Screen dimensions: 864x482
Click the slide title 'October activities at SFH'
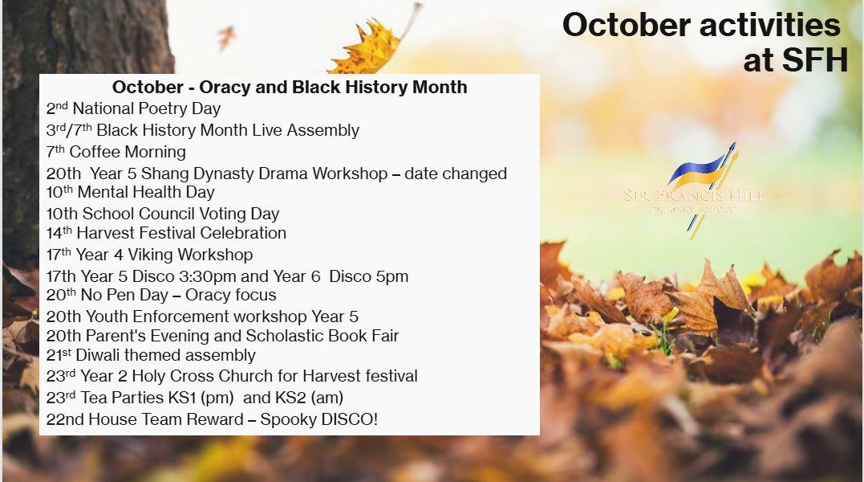click(704, 42)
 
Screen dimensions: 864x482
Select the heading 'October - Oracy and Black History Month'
click(290, 87)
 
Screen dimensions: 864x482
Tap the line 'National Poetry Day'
click(147, 108)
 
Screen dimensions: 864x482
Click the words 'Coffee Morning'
click(128, 152)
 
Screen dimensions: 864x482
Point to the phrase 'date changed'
click(456, 174)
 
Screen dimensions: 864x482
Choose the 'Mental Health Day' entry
click(146, 193)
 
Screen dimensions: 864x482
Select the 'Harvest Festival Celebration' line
click(181, 233)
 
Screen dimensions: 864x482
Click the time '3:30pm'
click(205, 276)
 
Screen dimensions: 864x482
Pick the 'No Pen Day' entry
click(124, 295)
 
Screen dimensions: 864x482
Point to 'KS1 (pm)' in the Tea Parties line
click(198, 398)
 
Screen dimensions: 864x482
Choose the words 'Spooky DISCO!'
click(319, 419)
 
